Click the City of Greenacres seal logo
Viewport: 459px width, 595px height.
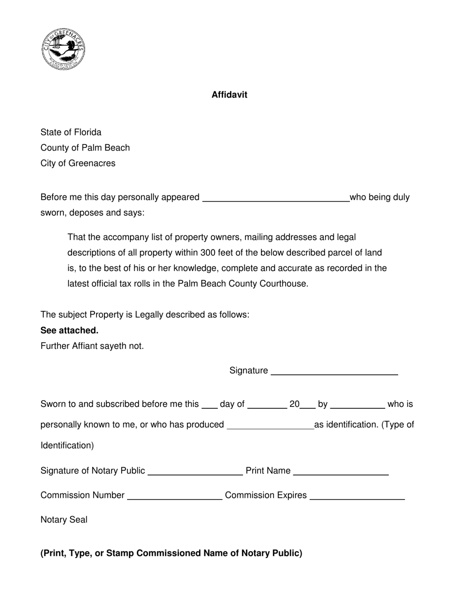[x=64, y=49]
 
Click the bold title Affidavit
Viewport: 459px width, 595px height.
[x=229, y=95]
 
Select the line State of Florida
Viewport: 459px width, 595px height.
[x=71, y=133]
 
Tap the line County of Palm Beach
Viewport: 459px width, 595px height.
[x=85, y=148]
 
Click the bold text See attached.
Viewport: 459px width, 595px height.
[x=70, y=330]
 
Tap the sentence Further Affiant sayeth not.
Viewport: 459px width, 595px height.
[x=92, y=346]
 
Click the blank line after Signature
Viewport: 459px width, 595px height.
[x=334, y=372]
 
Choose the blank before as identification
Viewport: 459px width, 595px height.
[x=270, y=426]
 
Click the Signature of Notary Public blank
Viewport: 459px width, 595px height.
[x=195, y=472]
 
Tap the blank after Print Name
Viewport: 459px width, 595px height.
[x=341, y=472]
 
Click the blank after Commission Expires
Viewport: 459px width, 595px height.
[x=357, y=496]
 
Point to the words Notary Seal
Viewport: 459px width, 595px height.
[x=64, y=520]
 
